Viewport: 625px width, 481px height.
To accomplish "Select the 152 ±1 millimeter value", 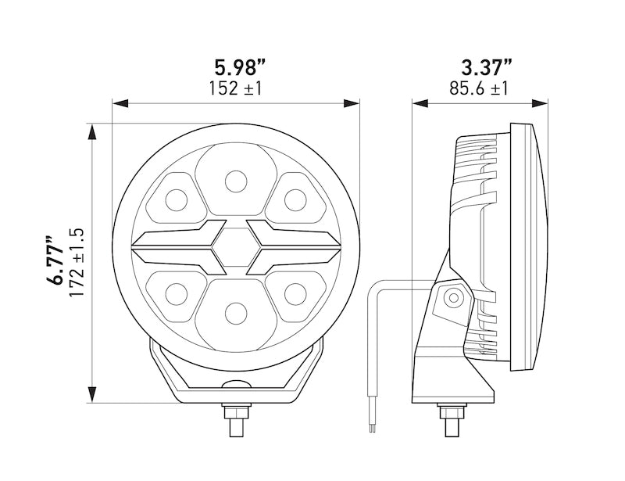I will [x=235, y=88].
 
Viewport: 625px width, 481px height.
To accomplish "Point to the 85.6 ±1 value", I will [x=479, y=88].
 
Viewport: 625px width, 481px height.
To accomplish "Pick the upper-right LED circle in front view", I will [x=295, y=200].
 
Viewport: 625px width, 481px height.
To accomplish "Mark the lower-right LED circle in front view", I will [x=295, y=295].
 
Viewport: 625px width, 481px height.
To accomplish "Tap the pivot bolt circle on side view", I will [x=452, y=298].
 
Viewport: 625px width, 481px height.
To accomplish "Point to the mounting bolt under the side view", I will [x=452, y=419].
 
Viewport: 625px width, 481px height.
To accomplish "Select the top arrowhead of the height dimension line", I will [x=93, y=131].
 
